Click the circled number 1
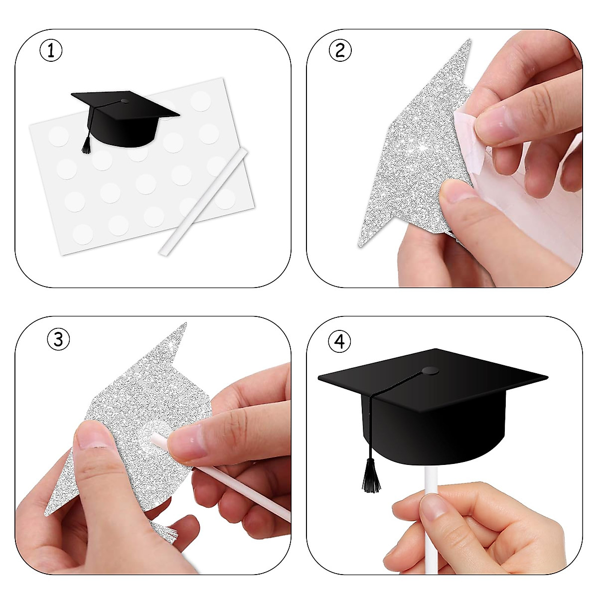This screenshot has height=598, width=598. point(51,51)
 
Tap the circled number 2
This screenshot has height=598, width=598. point(341,50)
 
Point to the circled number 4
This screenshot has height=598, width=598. point(339,341)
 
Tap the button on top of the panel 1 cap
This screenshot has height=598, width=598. point(125,101)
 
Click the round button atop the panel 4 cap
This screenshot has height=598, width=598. point(430,371)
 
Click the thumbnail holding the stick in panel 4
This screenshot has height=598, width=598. point(433,507)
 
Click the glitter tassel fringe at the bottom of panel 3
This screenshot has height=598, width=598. point(164,532)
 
